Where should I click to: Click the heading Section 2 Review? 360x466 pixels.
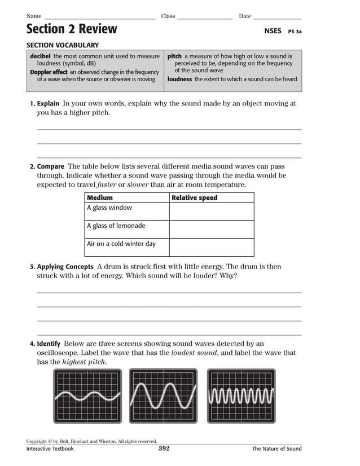tap(72, 29)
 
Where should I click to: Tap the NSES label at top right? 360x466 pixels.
tap(273, 31)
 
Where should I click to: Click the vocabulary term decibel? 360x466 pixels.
tap(40, 56)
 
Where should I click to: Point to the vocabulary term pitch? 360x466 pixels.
tap(174, 56)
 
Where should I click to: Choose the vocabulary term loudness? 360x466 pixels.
tap(179, 80)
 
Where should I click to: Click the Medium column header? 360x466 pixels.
tap(100, 198)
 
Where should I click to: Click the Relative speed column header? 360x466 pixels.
tap(194, 198)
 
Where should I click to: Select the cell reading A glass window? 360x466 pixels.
tap(109, 208)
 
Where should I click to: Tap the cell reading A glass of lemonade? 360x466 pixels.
tap(116, 226)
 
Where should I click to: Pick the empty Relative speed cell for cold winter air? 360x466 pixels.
tap(211, 247)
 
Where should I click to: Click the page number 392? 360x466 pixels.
tap(164, 449)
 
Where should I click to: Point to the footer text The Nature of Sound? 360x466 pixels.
tap(276, 449)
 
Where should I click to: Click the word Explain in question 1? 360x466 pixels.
tap(49, 104)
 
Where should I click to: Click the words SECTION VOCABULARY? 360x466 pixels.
tap(63, 45)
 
